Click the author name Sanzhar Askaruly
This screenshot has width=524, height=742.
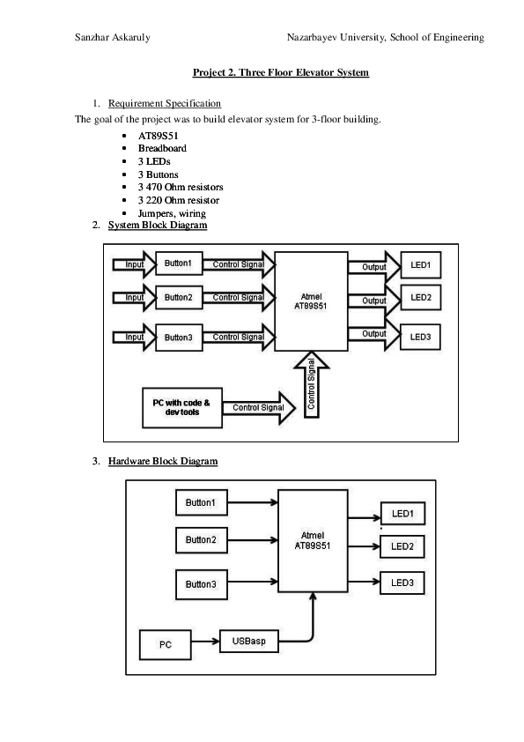click(112, 37)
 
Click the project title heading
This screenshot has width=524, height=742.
click(281, 72)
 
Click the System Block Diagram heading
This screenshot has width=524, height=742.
click(158, 226)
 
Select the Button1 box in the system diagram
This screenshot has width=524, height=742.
click(179, 263)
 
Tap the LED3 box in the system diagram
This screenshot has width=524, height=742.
click(420, 337)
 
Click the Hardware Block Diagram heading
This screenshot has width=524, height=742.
click(163, 461)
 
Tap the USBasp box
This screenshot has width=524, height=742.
click(249, 642)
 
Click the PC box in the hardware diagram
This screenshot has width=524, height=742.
click(166, 646)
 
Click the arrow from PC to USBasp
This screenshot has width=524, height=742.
click(205, 643)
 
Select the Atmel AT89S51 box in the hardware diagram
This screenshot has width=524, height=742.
click(312, 540)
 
